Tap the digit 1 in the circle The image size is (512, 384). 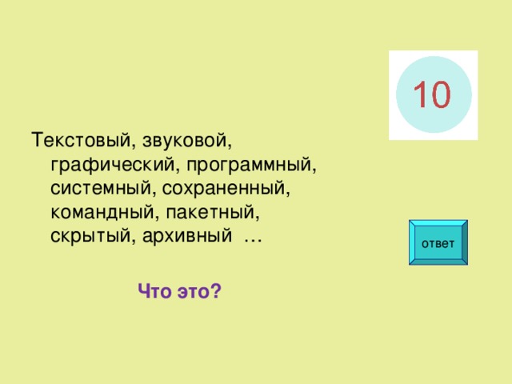(418, 95)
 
